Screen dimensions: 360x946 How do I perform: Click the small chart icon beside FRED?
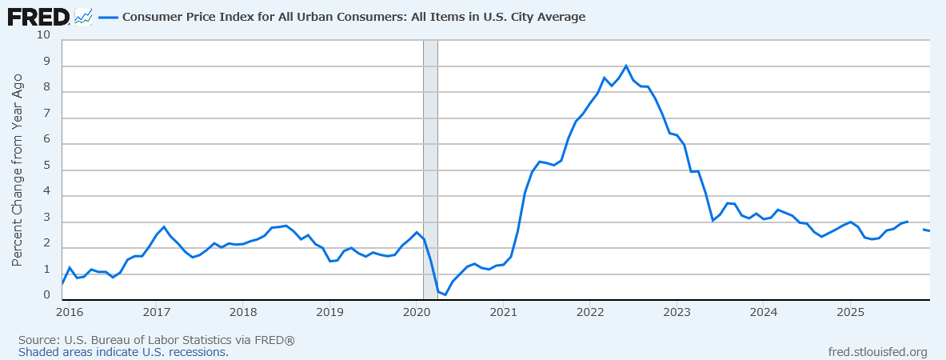tap(83, 16)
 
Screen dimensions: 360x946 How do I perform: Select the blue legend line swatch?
tap(107, 17)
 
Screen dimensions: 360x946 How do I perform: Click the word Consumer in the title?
tap(153, 17)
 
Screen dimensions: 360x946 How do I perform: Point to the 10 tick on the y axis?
tap(43, 35)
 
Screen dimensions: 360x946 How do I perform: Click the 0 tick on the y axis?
tap(46, 296)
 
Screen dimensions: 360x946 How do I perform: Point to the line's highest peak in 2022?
tap(625, 66)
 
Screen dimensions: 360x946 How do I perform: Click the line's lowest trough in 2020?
tap(445, 295)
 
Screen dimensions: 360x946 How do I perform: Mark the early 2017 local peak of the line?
tap(164, 226)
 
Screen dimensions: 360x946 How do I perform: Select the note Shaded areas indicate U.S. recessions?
tap(123, 352)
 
